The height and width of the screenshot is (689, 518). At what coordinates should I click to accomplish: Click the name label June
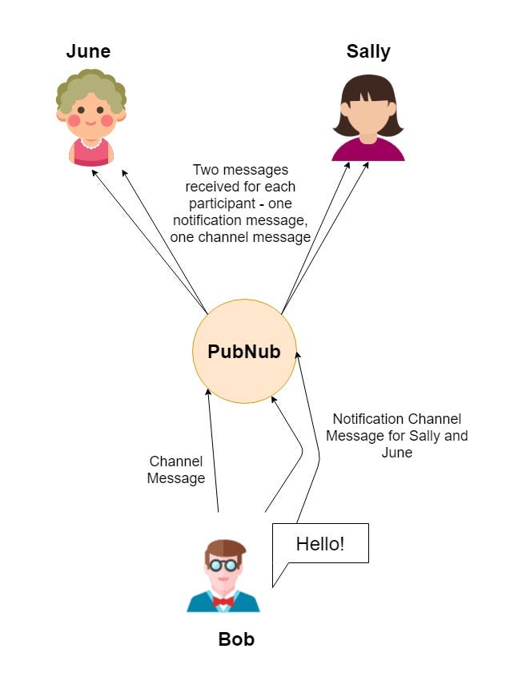(x=88, y=52)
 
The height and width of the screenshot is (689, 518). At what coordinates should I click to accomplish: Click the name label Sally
(x=368, y=52)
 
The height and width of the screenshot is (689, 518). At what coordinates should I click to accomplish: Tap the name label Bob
(x=236, y=639)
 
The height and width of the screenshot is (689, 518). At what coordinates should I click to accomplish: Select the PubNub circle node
(x=244, y=351)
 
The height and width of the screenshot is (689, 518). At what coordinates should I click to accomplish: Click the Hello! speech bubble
(x=320, y=544)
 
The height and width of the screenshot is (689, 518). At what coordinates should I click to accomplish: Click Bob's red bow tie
(x=223, y=601)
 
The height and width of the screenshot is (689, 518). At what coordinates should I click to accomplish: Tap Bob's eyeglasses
(x=223, y=565)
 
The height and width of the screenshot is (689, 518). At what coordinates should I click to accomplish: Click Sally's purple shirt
(x=368, y=150)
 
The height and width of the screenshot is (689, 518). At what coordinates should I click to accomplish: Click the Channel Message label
(x=176, y=470)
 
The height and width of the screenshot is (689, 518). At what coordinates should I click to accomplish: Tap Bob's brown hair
(x=225, y=549)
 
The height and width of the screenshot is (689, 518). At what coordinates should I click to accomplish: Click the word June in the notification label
(x=396, y=453)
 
